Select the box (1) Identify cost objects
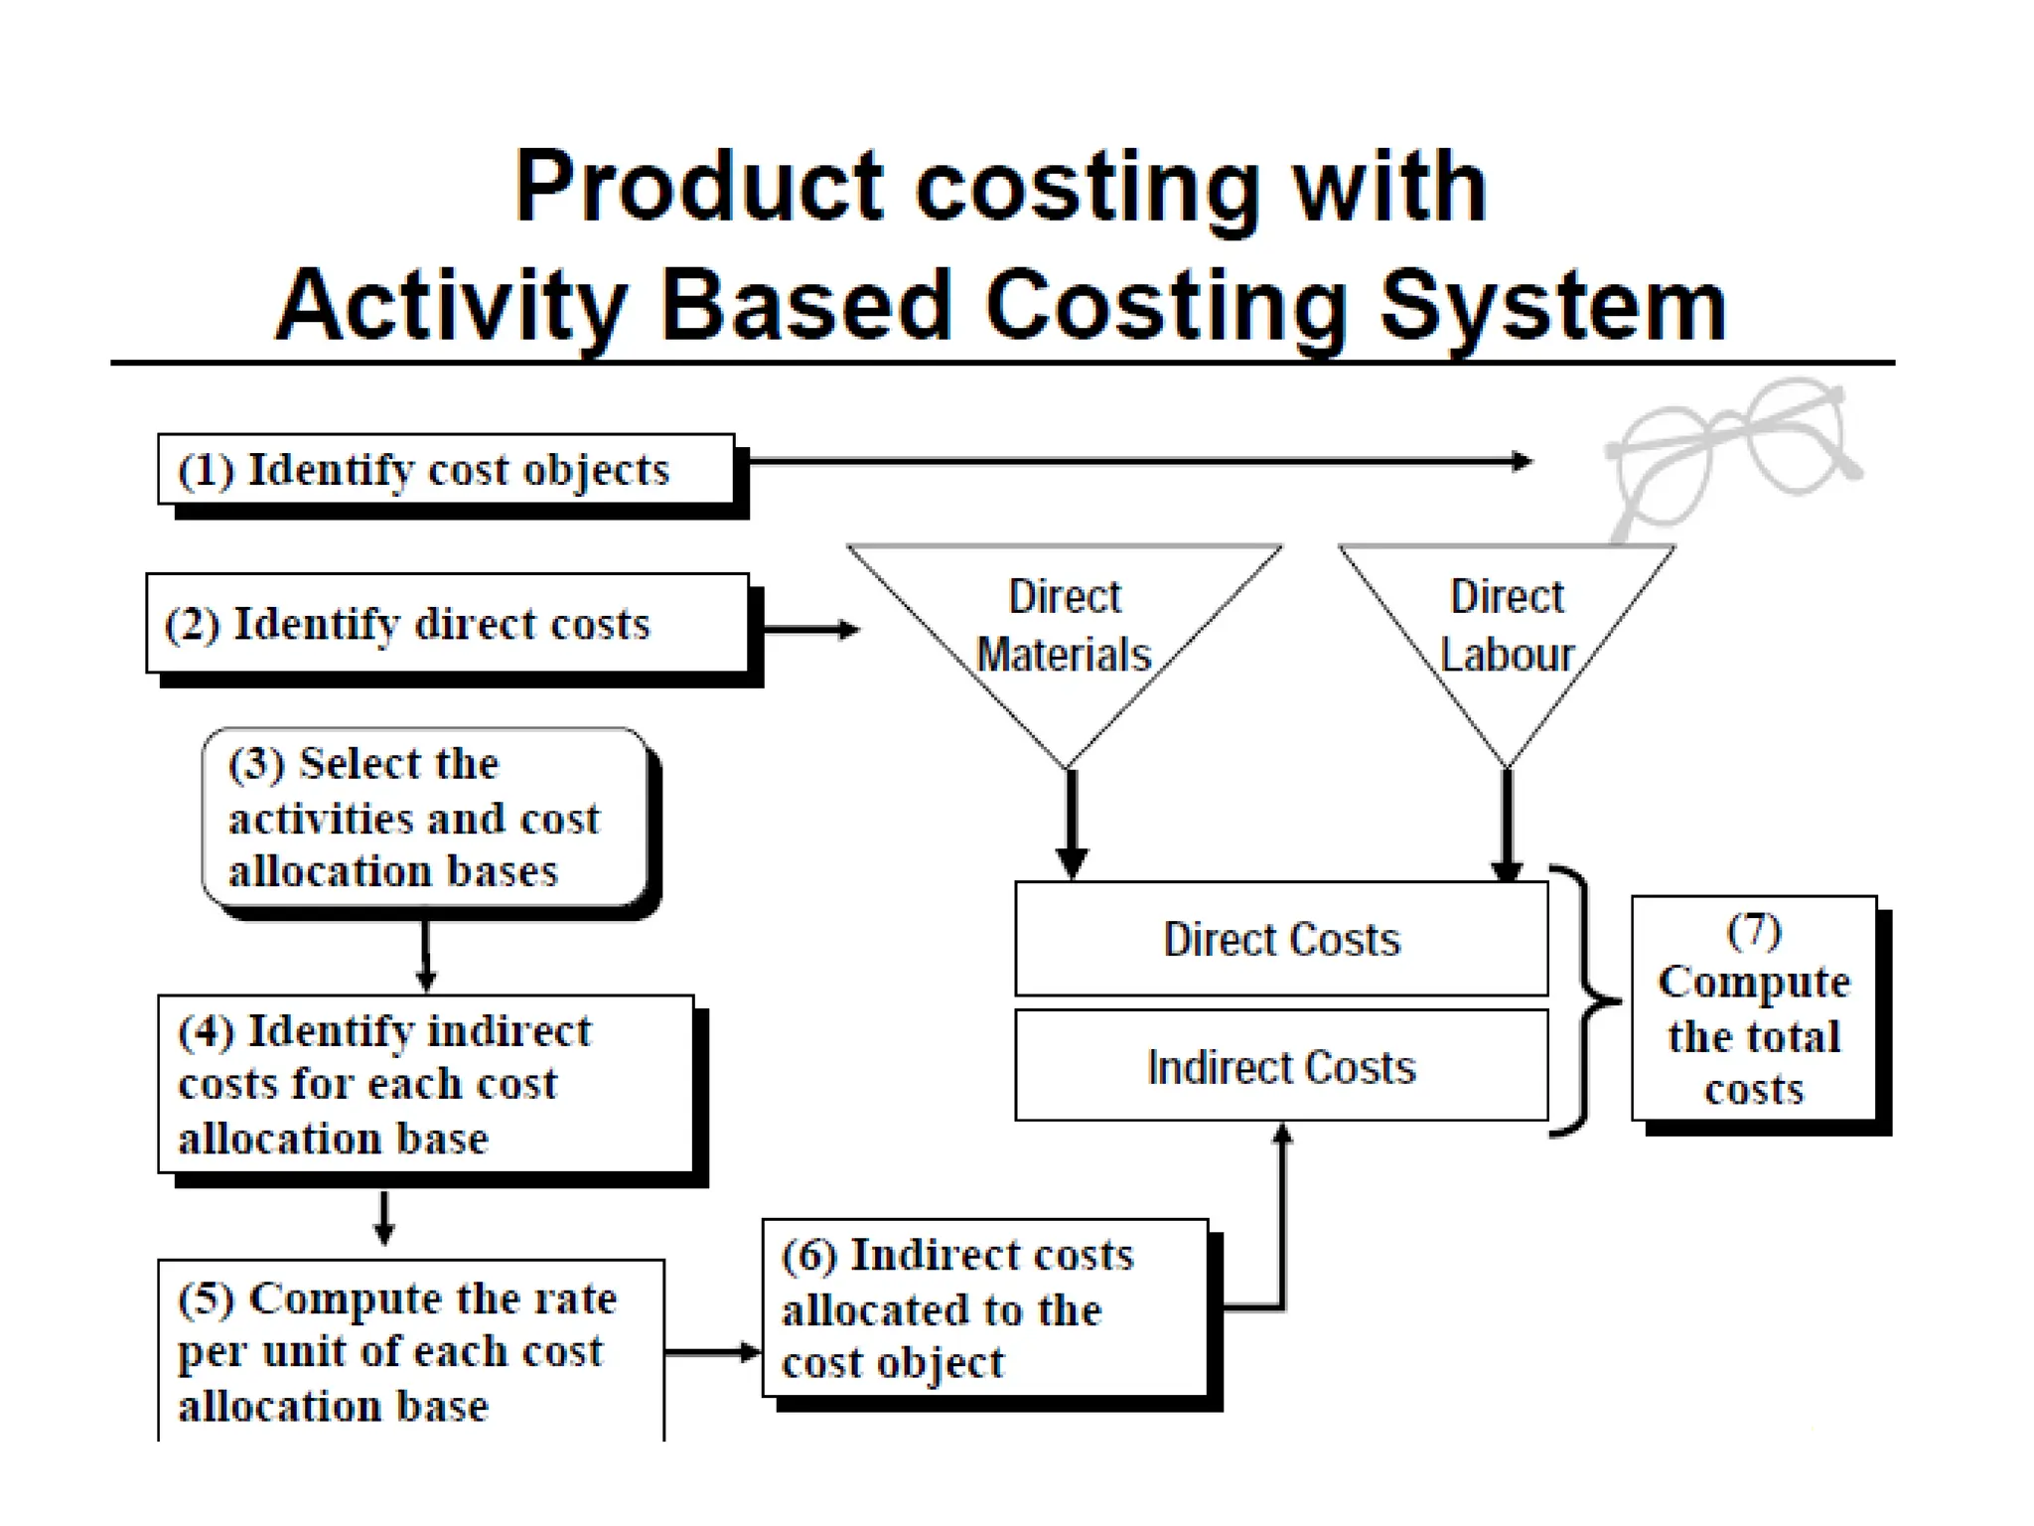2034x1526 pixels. point(446,469)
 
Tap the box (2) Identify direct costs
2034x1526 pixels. point(447,624)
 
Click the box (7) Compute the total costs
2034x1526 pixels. point(1754,1008)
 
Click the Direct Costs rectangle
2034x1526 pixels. point(1281,940)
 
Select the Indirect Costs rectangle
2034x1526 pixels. point(1281,1067)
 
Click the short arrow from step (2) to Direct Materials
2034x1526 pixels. point(809,629)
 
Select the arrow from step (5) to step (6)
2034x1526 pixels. point(711,1352)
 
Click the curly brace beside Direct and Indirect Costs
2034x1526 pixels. point(1585,1000)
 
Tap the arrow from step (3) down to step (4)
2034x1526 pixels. point(426,954)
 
